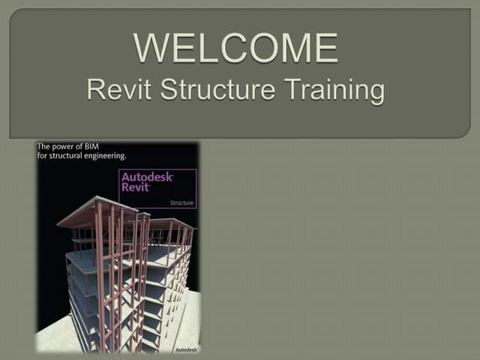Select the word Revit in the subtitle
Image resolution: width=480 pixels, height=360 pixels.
click(x=115, y=90)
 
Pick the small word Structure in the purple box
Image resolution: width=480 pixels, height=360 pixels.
click(x=181, y=202)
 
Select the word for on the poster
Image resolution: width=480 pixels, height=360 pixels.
click(x=43, y=155)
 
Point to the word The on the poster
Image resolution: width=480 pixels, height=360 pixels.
click(x=44, y=145)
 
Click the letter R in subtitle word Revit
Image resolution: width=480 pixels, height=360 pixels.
click(x=95, y=90)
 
